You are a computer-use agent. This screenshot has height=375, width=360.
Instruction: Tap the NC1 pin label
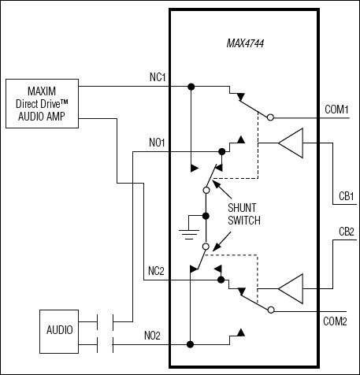pos(156,77)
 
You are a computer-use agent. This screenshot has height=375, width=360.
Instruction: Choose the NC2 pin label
pos(156,271)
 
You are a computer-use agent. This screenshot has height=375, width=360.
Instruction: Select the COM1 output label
pos(336,109)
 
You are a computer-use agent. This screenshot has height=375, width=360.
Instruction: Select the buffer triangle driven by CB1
pos(291,143)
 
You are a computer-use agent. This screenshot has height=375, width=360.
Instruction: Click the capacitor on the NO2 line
pos(104,343)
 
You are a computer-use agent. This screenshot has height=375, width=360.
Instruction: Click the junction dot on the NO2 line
pos(190,343)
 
